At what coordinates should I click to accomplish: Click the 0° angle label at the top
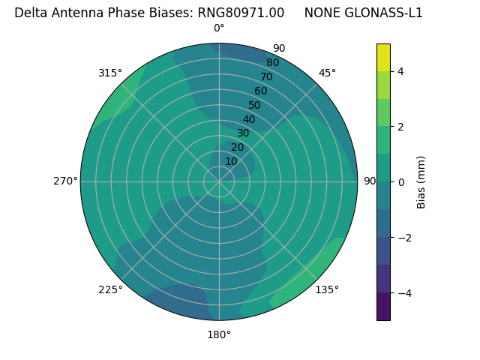pos(219,28)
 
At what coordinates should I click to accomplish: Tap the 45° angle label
pos(327,73)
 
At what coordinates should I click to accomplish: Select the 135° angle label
pos(327,289)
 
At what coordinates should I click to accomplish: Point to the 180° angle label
pos(219,334)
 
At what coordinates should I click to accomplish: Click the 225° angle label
pos(110,289)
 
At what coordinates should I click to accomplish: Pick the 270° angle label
pos(65,181)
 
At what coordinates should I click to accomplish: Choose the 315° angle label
pos(110,73)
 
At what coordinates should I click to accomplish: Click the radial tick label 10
pos(231,161)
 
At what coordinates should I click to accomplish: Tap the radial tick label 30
pos(243,133)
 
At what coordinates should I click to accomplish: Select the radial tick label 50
pos(255,106)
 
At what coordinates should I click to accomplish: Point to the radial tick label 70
pos(266,77)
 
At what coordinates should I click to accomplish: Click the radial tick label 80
pos(272,63)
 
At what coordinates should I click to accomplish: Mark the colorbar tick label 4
pos(400,71)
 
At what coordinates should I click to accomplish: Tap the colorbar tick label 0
pos(400,182)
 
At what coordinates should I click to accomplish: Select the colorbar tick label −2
pos(403,238)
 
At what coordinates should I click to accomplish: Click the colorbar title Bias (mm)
pos(421,182)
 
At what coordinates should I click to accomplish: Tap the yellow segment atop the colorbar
pos(383,57)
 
